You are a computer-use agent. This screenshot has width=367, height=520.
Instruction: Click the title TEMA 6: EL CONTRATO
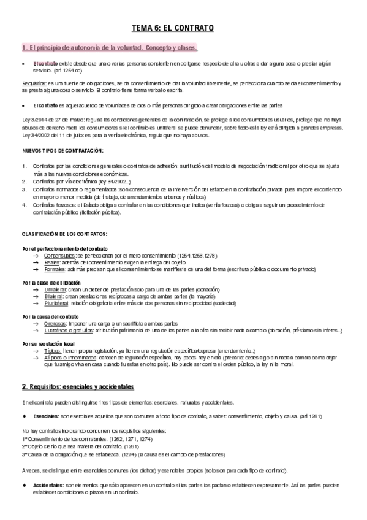click(183, 28)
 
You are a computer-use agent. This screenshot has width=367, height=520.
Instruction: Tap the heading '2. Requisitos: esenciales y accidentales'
click(78, 387)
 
